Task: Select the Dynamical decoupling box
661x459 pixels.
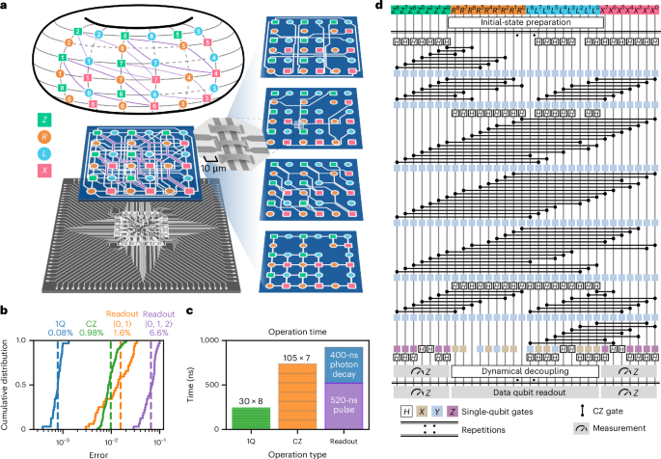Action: pos(526,370)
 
